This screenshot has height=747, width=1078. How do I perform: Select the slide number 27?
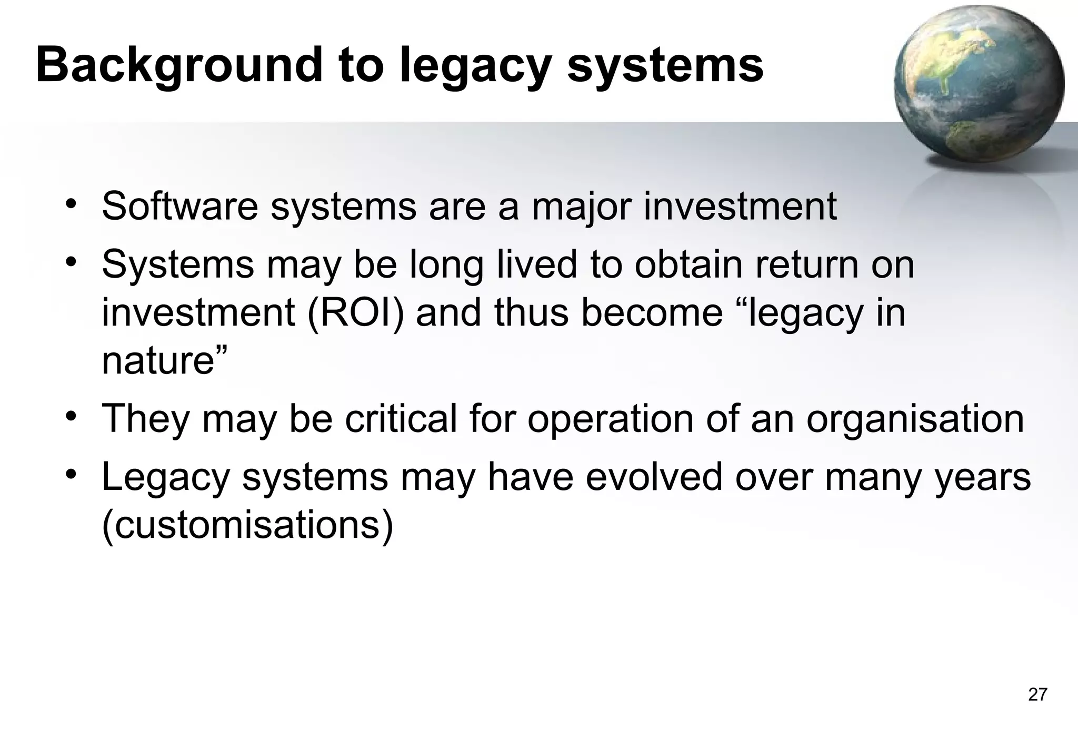click(1037, 695)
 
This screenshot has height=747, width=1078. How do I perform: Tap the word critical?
click(401, 419)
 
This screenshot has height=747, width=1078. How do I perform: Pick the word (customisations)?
click(247, 525)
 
